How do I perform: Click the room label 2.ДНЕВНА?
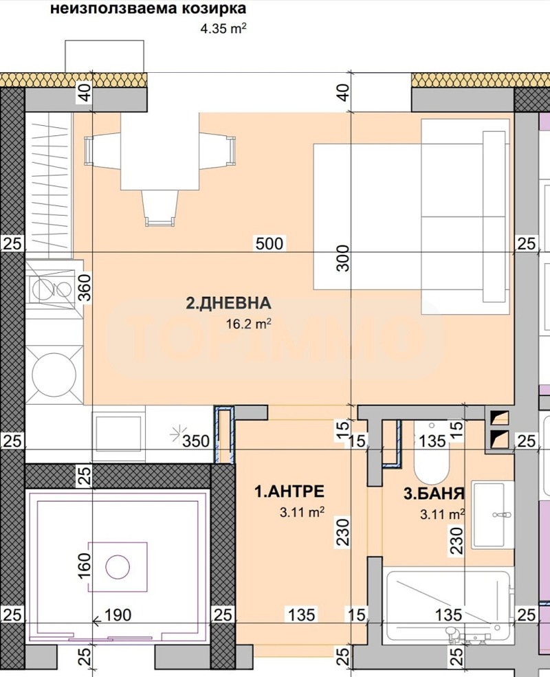coord(229,302)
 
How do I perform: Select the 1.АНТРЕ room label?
coord(289,491)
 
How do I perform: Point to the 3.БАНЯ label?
coord(434,493)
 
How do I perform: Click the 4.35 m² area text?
coord(222,29)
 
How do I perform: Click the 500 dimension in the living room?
coord(269,243)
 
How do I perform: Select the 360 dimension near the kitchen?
coord(85,289)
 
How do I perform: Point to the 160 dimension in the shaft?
coord(85,566)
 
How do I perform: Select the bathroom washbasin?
coord(491,513)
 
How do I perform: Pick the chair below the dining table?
coord(159,208)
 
